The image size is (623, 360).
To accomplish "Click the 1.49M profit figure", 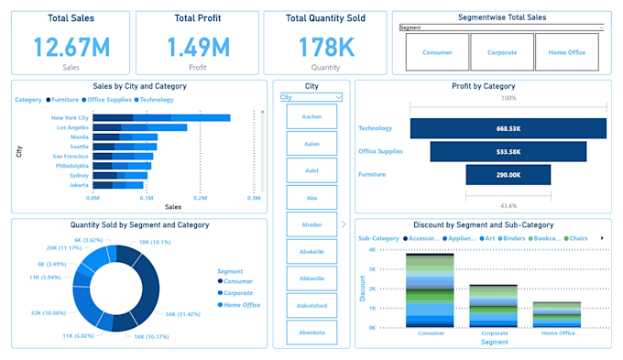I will (x=196, y=47).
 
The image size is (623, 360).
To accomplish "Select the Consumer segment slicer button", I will (x=437, y=52).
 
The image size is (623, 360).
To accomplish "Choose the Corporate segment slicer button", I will (x=501, y=52).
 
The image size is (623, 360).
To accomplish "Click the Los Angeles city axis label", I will (x=71, y=127).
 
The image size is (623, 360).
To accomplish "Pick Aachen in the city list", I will (x=311, y=116).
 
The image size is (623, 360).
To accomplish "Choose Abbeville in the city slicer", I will (x=311, y=278).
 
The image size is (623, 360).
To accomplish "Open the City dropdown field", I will (x=311, y=97).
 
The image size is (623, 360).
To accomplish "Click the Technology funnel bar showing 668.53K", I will (x=508, y=128).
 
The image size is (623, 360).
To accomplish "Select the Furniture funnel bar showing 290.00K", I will (x=508, y=174).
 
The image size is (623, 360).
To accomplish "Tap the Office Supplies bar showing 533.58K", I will (x=508, y=151).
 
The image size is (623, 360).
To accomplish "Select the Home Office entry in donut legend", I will (x=242, y=304).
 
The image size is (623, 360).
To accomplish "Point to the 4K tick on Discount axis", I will (x=372, y=249).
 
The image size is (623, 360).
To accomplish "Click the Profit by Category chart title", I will (x=483, y=86).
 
